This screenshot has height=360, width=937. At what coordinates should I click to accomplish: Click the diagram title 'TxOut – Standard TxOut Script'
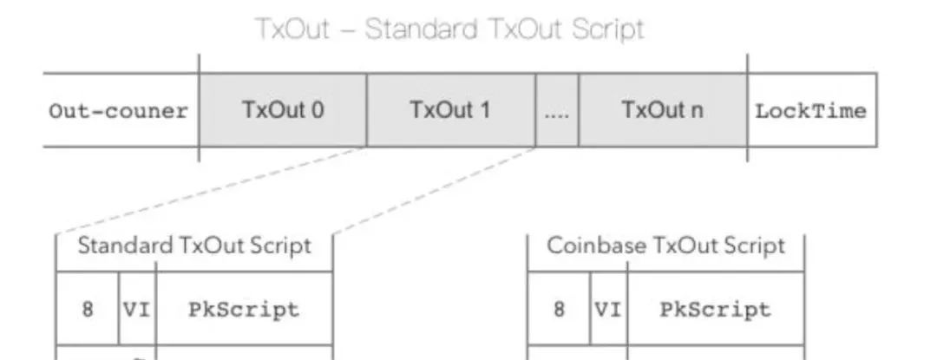[x=450, y=29]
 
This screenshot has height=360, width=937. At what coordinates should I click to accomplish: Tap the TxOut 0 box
[x=283, y=110]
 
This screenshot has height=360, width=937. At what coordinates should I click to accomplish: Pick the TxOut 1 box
[x=451, y=110]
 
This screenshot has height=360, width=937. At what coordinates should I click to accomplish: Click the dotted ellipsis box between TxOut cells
[x=557, y=110]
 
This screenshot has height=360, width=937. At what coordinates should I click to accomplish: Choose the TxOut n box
[x=663, y=110]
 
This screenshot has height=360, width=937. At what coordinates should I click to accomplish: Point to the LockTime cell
[x=812, y=110]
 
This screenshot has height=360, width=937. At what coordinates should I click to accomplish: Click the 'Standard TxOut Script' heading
[x=194, y=246]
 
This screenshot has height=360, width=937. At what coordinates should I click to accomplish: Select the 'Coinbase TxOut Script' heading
[x=665, y=246]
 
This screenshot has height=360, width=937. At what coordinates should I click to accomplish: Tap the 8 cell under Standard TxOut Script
[x=88, y=309]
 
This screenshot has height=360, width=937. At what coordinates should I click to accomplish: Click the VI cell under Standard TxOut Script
[x=137, y=309]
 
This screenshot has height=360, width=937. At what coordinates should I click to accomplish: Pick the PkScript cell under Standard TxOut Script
[x=244, y=309]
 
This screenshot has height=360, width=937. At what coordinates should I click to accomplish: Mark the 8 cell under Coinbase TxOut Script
[x=559, y=309]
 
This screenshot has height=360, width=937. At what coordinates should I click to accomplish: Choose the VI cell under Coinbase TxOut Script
[x=608, y=309]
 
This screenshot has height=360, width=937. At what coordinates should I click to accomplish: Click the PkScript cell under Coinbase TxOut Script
[x=715, y=309]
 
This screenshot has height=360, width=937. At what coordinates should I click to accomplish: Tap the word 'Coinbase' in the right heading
[x=587, y=246]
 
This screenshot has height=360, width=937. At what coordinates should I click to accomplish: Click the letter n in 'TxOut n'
[x=696, y=113]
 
